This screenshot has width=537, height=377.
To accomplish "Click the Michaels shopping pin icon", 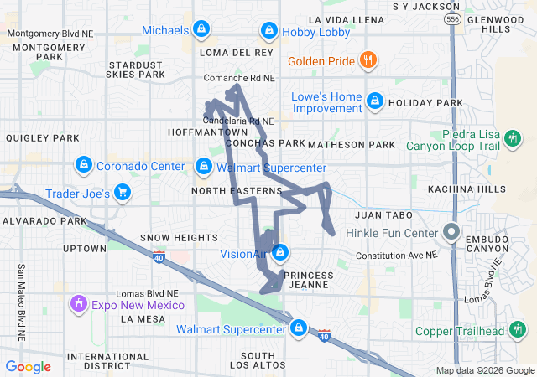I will (201, 31).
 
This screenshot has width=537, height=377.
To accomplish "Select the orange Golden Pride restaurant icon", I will (367, 60).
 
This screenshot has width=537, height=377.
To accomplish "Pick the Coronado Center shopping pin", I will (83, 165).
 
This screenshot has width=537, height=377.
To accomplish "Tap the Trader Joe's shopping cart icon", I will (123, 194).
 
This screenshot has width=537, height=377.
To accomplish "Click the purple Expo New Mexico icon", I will (78, 302).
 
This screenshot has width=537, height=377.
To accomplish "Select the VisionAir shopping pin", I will (280, 252).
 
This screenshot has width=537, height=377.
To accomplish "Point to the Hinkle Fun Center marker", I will (451, 232).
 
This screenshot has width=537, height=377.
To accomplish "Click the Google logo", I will (29, 367).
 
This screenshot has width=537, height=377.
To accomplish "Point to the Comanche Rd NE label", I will (239, 78).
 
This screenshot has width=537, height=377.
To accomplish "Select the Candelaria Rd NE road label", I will (240, 121).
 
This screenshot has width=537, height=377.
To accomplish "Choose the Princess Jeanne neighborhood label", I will (310, 281).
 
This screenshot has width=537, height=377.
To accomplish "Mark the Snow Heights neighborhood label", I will (171, 237).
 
